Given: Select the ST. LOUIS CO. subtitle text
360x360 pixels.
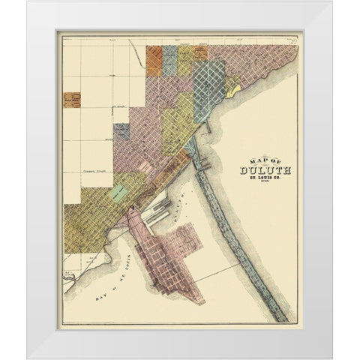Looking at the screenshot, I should point(266,179).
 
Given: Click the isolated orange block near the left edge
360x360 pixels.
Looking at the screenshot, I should point(72,100).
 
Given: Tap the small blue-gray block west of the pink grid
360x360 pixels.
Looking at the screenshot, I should point(121,132).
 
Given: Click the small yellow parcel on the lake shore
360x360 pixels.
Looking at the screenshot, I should point(232,91).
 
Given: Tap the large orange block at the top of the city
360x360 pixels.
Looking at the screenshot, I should point(154,60).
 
